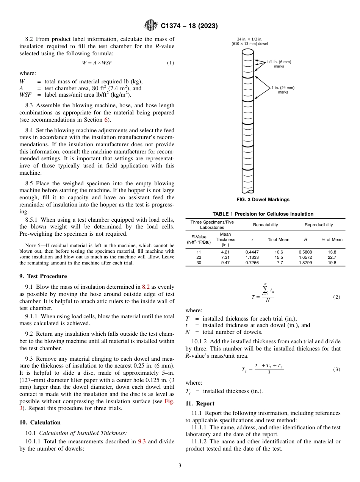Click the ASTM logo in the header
pyautogui.click(x=152, y=26)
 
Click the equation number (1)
pyautogui.click(x=171, y=63)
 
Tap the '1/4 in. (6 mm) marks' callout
pyautogui.click(x=279, y=64)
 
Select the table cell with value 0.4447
pyautogui.click(x=252, y=252)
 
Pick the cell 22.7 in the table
pyautogui.click(x=332, y=257)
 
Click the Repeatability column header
pyautogui.click(x=265, y=225)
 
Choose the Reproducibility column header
pyautogui.click(x=319, y=225)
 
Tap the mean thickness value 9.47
pyautogui.click(x=225, y=262)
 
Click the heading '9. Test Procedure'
pyautogui.click(x=43, y=276)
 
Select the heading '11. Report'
pyautogui.click(x=200, y=404)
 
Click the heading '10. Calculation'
pyautogui.click(x=40, y=423)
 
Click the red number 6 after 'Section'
pyautogui.click(x=106, y=120)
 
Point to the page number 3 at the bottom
pyautogui.click(x=180, y=466)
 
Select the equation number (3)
pyautogui.click(x=337, y=369)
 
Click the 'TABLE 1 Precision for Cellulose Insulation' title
pyautogui.click(x=263, y=214)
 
